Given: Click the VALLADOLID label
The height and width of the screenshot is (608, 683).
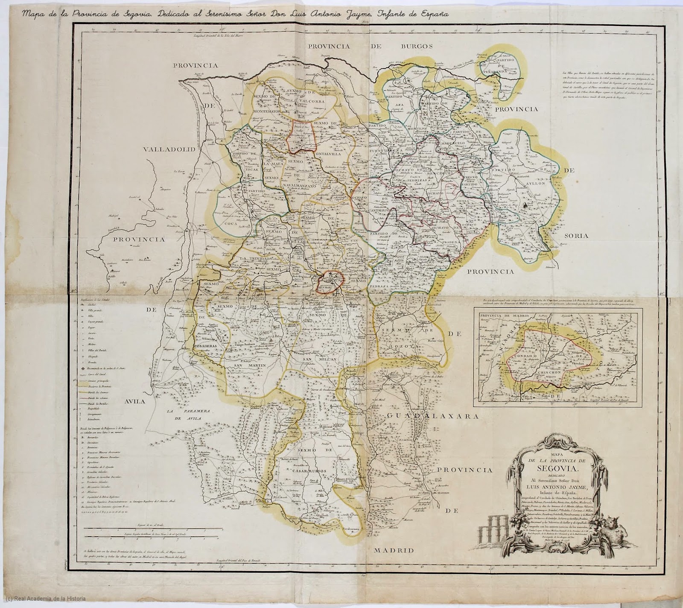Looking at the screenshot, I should pos(169,149).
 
